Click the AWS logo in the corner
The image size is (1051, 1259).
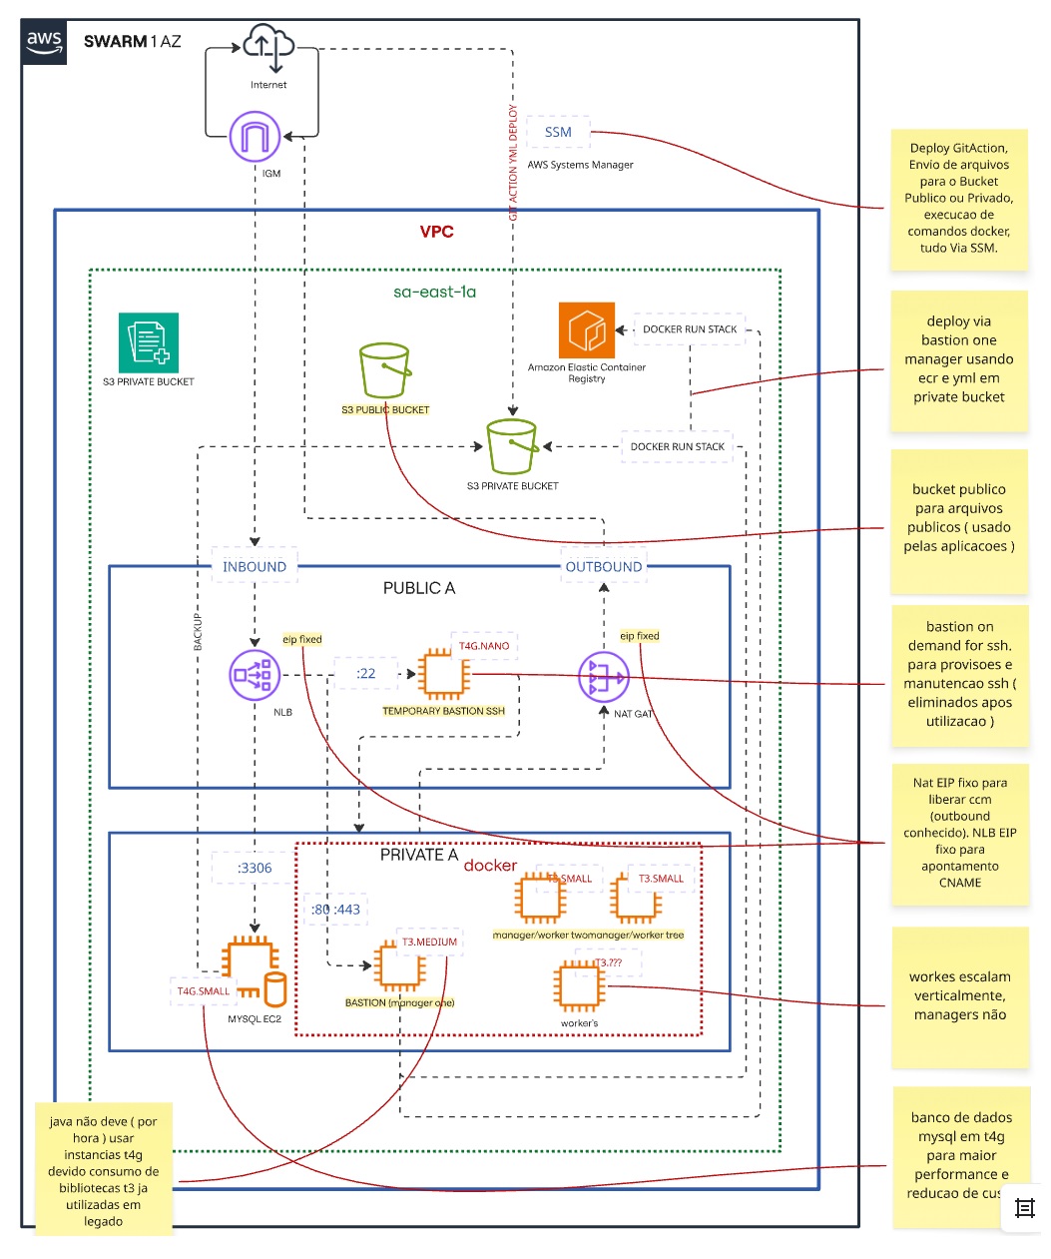[x=44, y=43]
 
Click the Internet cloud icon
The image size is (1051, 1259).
[x=268, y=48]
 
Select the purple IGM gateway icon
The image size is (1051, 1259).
[x=255, y=137]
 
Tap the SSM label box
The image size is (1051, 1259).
[x=558, y=132]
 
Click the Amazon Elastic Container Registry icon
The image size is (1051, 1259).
[x=586, y=330]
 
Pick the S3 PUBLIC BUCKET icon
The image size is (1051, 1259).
[x=384, y=370]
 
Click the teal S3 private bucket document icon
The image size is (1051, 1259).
[x=149, y=342]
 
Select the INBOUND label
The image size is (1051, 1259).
[x=255, y=566]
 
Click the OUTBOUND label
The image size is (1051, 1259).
[x=604, y=566]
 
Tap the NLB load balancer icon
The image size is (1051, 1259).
[x=255, y=675]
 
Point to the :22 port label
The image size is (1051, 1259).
[x=366, y=674]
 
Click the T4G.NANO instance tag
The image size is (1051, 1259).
[x=484, y=646]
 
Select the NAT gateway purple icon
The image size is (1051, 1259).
[x=604, y=677]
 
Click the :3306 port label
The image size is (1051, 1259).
[x=255, y=868]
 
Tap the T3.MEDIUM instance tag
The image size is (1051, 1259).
[x=429, y=942]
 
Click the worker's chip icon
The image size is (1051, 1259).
[x=580, y=985]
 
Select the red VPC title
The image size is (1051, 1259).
[x=436, y=232]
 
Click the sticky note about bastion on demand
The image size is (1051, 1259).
[x=959, y=674]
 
